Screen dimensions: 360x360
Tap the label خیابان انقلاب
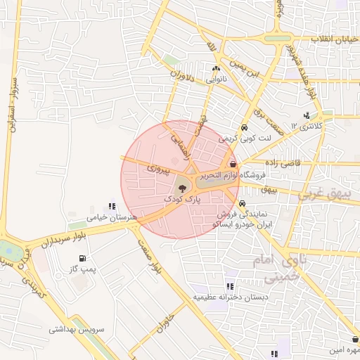337,39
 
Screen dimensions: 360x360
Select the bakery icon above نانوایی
216,70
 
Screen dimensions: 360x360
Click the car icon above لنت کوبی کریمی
243,129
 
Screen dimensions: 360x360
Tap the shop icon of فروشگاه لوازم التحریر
233,165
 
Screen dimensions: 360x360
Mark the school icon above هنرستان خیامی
112,207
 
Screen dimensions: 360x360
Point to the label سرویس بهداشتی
77,329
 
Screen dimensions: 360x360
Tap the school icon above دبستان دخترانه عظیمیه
230,286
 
